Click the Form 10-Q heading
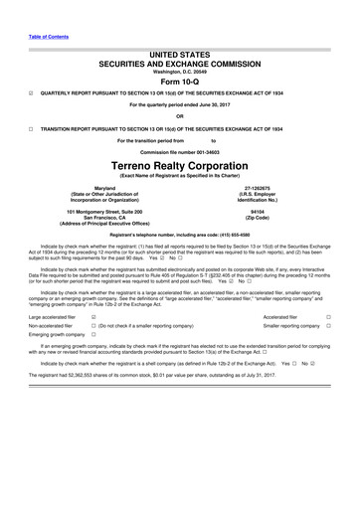179,83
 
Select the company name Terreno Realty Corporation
179,163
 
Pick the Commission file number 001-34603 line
179,150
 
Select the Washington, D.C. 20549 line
179,72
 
